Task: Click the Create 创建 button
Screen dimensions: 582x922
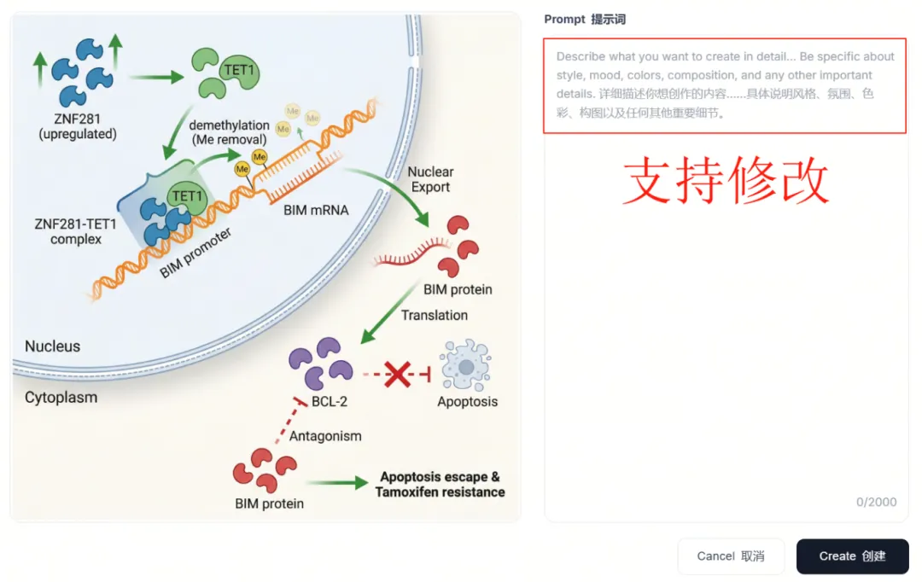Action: coord(852,556)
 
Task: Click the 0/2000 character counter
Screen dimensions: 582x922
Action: coord(877,502)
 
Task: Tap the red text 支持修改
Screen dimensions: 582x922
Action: coord(726,181)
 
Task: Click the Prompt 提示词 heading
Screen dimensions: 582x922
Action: coord(585,19)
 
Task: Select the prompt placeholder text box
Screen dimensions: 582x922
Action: coord(725,85)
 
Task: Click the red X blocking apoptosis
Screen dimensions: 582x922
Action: coord(397,374)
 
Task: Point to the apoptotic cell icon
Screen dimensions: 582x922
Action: coord(466,366)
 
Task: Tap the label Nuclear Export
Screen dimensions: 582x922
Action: coord(430,179)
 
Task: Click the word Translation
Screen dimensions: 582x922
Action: coord(435,315)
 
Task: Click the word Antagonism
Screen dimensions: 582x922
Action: coord(325,436)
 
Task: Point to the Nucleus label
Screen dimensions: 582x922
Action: coord(52,346)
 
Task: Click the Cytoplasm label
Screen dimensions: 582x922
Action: coord(61,398)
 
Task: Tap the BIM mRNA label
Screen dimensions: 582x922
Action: coord(316,209)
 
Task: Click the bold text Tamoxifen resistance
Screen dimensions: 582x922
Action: coord(440,492)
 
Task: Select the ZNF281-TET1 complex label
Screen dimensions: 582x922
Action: coord(75,231)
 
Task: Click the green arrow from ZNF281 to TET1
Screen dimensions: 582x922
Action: coord(159,77)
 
